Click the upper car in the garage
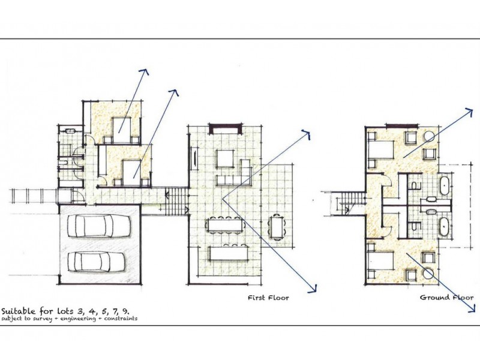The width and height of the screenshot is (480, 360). pos(99,226)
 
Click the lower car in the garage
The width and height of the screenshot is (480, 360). pos(96,262)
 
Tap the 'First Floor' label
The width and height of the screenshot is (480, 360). pos(268,298)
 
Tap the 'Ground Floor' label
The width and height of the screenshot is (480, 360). pos(446,297)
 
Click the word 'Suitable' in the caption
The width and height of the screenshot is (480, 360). pos(18,311)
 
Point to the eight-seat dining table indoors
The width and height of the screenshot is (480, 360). pos(227,226)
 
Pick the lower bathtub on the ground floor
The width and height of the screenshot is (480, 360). pos(445,226)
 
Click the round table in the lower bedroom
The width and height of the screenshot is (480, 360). pos(428,273)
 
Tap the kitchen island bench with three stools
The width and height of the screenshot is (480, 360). pos(229,253)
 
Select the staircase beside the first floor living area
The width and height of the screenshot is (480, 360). pos(176,202)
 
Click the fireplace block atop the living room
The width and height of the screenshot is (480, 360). pos(225,128)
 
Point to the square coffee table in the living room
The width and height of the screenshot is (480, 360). pos(226,158)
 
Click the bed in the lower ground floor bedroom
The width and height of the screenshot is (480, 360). pos(380,262)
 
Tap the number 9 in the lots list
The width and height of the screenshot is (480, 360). pos(125,311)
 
